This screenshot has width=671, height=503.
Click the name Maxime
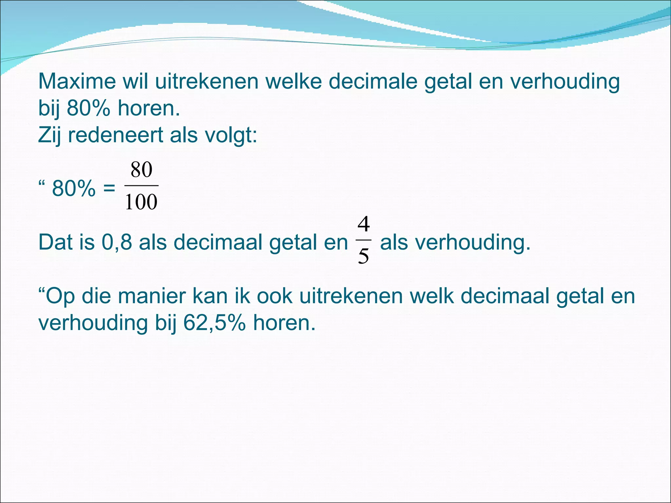pos(77,81)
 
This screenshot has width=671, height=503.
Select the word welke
pos(294,81)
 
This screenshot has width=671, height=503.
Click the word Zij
pos(49,135)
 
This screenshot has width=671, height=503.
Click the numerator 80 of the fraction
pos(142,170)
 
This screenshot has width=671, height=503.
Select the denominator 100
pos(141,202)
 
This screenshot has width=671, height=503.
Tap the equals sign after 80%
pos(109,189)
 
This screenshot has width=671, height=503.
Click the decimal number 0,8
pos(117,242)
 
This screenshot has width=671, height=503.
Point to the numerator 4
pos(364,225)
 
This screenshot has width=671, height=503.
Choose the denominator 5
pos(363,256)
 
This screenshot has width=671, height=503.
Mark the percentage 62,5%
pos(214,323)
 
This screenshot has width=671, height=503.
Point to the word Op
pos(60,296)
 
